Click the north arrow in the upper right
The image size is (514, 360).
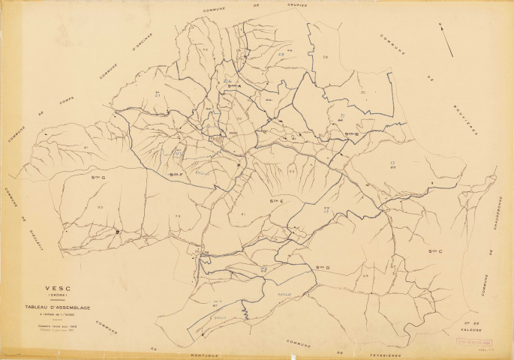(x=446, y=38)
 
